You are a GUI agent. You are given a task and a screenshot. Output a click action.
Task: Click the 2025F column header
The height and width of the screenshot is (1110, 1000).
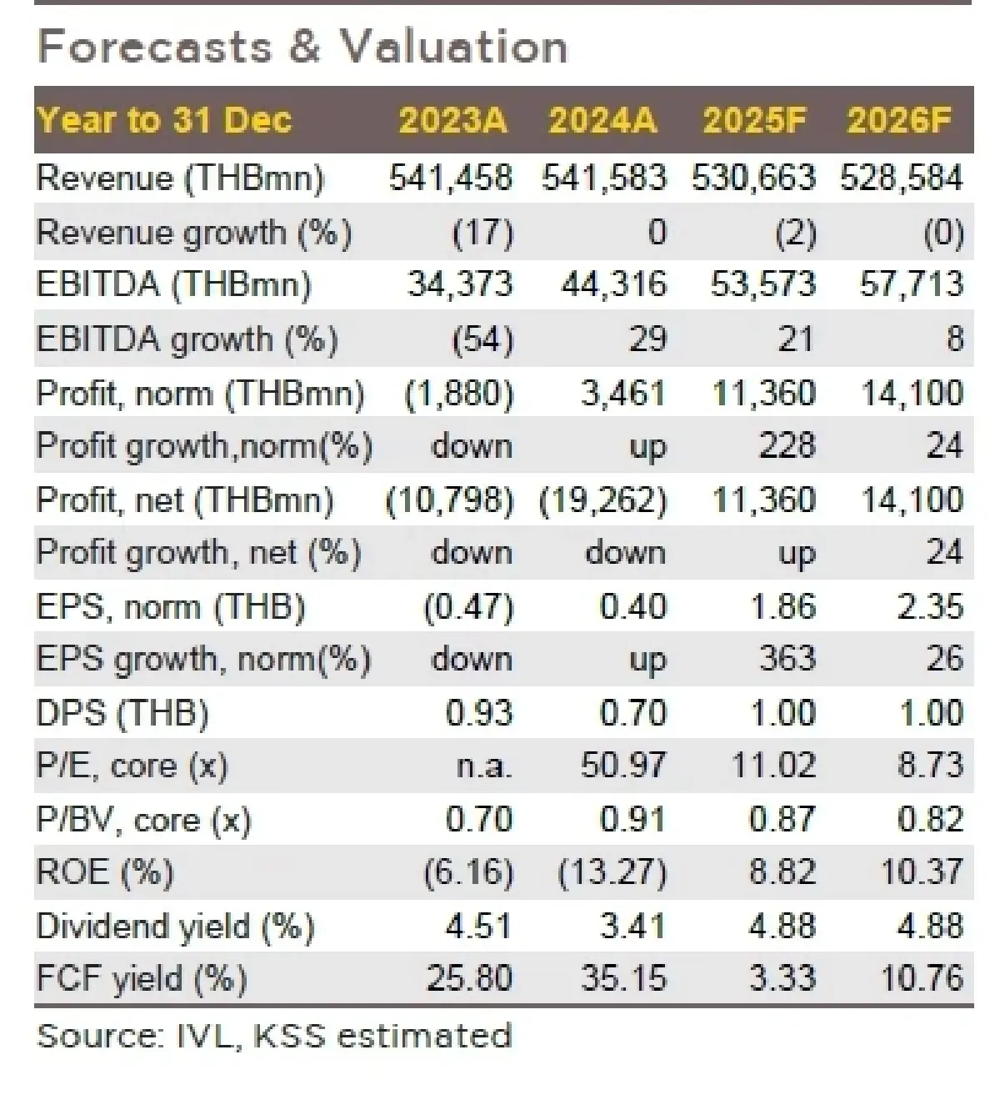pos(755,120)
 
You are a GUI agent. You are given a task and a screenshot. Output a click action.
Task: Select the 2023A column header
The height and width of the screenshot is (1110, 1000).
pos(452,120)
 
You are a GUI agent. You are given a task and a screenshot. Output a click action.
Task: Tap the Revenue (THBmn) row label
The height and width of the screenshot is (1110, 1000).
pos(180,178)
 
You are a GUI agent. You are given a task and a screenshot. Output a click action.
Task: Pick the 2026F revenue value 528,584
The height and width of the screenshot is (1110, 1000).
pos(902,178)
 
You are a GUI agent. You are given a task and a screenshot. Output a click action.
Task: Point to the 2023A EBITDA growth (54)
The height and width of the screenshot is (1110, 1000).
pos(482,339)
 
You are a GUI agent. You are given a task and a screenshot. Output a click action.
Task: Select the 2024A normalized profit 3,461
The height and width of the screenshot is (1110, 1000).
pos(623,393)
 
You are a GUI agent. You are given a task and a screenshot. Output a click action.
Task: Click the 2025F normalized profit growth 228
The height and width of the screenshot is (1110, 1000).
pos(787,446)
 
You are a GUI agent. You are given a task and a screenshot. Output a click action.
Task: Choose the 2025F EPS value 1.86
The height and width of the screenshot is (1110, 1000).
pos(782,606)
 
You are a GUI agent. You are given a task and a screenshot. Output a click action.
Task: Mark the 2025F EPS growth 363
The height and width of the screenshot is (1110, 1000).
pos(787,659)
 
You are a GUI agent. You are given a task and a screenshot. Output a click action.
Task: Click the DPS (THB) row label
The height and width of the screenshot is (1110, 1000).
pos(122,713)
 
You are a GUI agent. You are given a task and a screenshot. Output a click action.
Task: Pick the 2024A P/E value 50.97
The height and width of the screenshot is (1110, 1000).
pos(623,766)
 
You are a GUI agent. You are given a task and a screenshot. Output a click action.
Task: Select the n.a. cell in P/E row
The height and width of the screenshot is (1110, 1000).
pos(483,766)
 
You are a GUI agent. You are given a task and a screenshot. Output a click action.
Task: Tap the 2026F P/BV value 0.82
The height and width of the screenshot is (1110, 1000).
pos(930,820)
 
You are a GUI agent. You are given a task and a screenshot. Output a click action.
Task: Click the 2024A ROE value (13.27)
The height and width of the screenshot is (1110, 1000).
pos(612,872)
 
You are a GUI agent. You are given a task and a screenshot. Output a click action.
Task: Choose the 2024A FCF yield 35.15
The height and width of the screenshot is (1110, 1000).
pos(623,978)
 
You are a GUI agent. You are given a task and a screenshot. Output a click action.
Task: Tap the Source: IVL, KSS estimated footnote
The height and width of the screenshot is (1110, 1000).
pos(274,1036)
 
